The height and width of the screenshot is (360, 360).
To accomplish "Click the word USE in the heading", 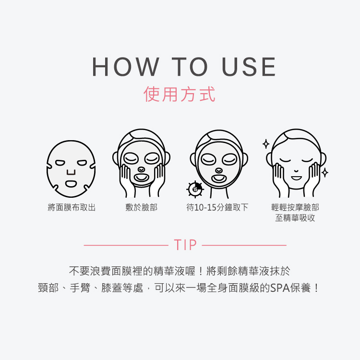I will (x=249, y=67).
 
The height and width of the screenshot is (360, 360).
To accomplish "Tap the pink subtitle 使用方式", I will (x=180, y=94).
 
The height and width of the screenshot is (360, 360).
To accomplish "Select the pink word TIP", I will (x=186, y=245).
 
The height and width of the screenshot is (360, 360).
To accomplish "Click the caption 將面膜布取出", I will (x=72, y=208).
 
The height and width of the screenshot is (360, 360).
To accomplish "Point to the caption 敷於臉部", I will (x=141, y=208).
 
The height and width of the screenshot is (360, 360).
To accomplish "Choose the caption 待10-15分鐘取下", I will (x=217, y=208).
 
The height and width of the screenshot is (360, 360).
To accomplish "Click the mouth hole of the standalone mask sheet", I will (x=71, y=183).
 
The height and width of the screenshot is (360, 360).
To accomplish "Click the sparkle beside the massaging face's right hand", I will (x=325, y=172).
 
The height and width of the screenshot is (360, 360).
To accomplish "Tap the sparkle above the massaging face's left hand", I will (x=266, y=144).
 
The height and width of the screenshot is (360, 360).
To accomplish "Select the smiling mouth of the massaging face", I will (x=296, y=178).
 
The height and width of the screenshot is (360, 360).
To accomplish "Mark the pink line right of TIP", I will (x=244, y=245).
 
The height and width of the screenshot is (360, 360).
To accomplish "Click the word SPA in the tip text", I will (x=279, y=288).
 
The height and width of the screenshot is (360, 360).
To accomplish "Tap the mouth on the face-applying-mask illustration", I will (x=141, y=178).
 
